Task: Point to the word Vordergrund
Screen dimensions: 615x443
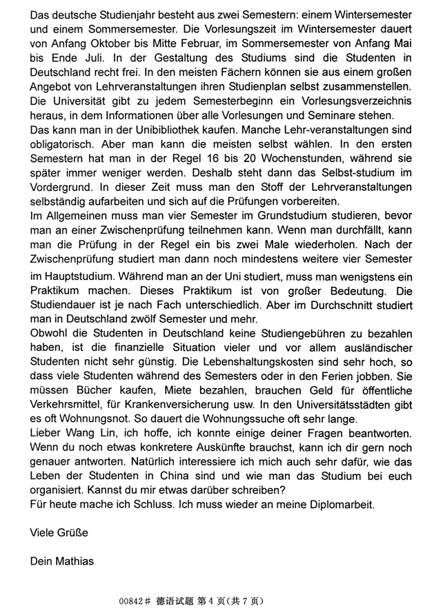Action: point(62,188)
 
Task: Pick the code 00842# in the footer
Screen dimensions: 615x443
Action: point(135,601)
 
